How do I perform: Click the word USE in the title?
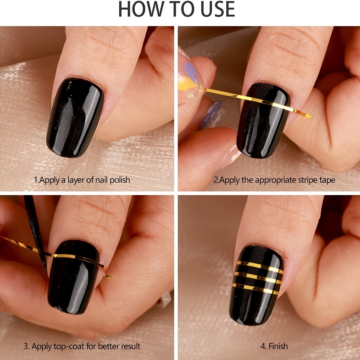click(x=218, y=9)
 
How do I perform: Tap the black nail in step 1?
click(x=75, y=117)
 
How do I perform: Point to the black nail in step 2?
click(x=263, y=120)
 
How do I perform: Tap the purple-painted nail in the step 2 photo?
click(x=191, y=70)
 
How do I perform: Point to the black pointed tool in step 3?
click(x=35, y=232)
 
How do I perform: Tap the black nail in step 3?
click(x=73, y=277)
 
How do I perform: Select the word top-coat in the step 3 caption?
click(x=69, y=346)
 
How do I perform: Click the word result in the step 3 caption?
click(x=131, y=346)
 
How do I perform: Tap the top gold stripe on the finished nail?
click(x=260, y=267)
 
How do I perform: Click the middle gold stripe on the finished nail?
click(x=258, y=278)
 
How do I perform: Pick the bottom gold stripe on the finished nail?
click(x=255, y=289)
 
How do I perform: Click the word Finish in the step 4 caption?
click(x=278, y=346)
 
